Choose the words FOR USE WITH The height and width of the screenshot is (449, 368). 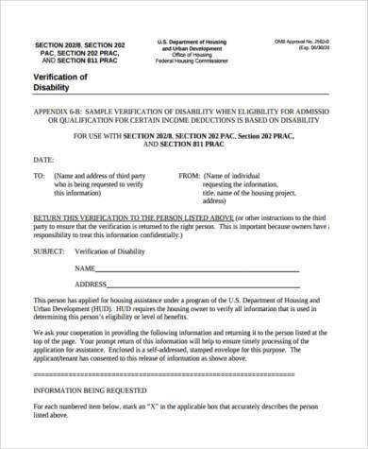coord(98,136)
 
